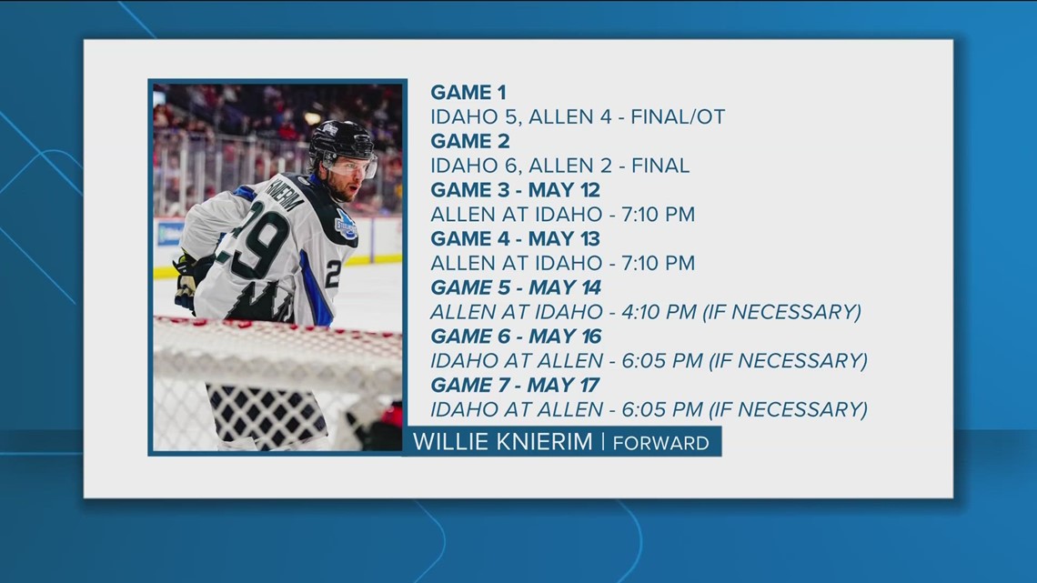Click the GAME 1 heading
pyautogui.click(x=468, y=92)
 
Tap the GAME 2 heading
pyautogui.click(x=470, y=141)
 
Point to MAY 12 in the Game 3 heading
pyautogui.click(x=569, y=190)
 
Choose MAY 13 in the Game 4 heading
pyautogui.click(x=569, y=239)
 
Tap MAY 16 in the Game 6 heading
pyautogui.click(x=569, y=337)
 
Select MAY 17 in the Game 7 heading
pyautogui.click(x=569, y=386)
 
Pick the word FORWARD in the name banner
pyautogui.click(x=661, y=444)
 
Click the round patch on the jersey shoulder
pyautogui.click(x=347, y=225)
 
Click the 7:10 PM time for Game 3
pyautogui.click(x=653, y=215)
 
